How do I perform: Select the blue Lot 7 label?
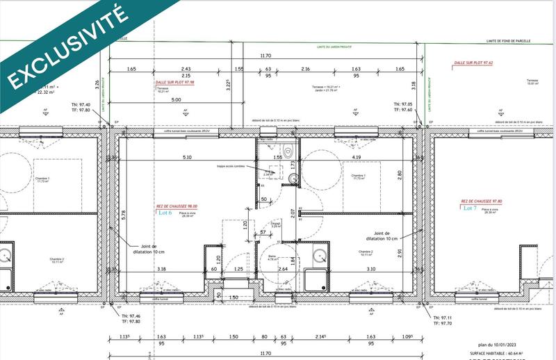point(471,208)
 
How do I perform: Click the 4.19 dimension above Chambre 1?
point(356,157)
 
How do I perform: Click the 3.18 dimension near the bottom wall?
point(161,268)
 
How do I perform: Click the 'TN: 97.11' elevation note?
point(443,316)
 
